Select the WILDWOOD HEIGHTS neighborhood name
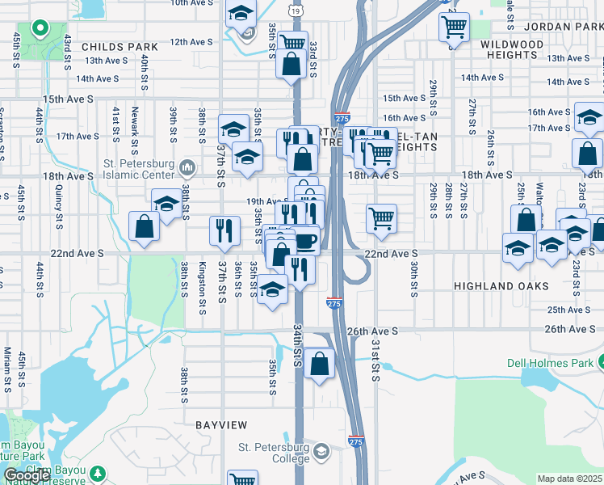pyautogui.click(x=513, y=49)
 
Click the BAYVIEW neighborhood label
pyautogui.click(x=218, y=424)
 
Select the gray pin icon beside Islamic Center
pyautogui.click(x=187, y=168)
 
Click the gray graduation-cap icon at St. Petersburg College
pyautogui.click(x=321, y=450)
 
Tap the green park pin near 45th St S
pyautogui.click(x=39, y=29)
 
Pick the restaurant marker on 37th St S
pyautogui.click(x=224, y=230)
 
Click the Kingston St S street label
pyautogui.click(x=203, y=279)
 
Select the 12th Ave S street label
pyautogui.click(x=191, y=42)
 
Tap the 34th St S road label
pyautogui.click(x=297, y=346)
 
